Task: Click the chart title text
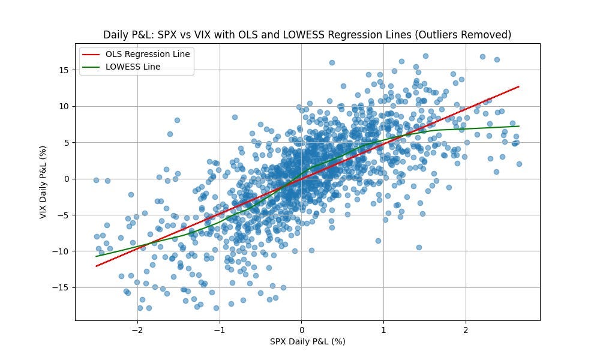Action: [x=307, y=35]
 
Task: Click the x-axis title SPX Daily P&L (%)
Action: [x=307, y=341]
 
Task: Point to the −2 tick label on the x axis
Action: [x=137, y=329]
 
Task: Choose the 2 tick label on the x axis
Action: [x=466, y=329]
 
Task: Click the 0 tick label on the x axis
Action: [x=302, y=329]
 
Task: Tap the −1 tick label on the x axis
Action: [x=220, y=329]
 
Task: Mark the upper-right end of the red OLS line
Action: [x=518, y=86]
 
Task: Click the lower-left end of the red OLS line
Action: [x=96, y=266]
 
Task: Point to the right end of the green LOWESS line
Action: [x=518, y=126]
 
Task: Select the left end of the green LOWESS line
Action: [x=96, y=256]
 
